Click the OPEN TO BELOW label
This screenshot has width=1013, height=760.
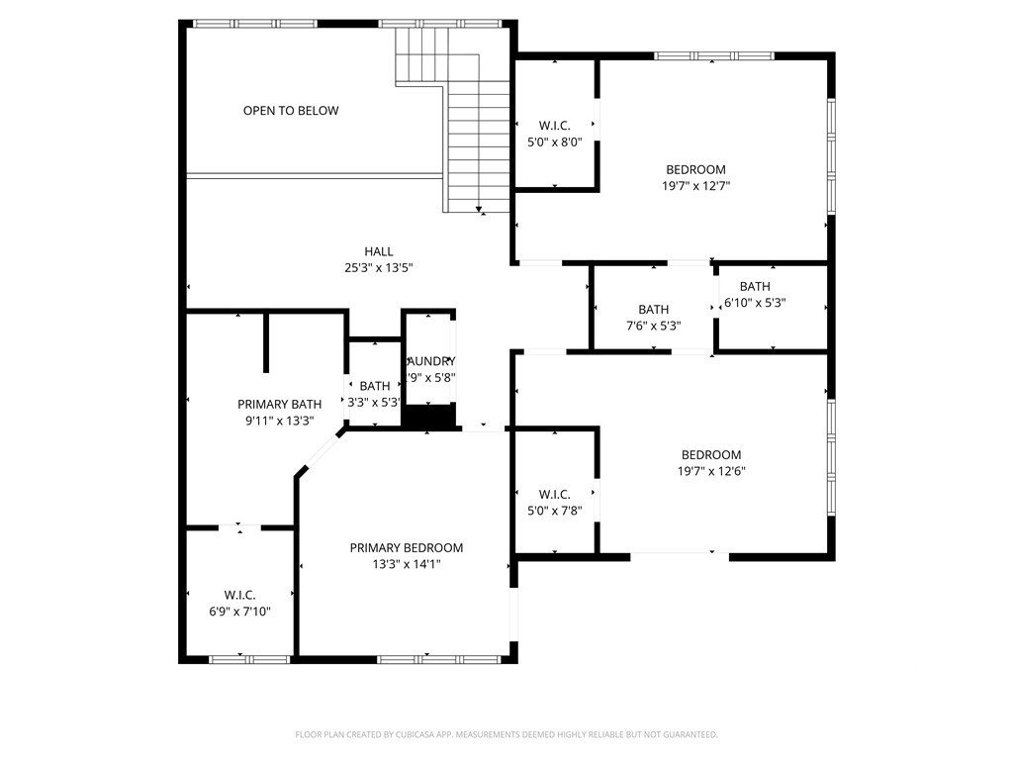(291, 111)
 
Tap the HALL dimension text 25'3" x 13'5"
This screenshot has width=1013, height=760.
(378, 267)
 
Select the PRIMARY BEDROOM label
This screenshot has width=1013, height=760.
(406, 547)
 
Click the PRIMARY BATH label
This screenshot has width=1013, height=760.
(279, 404)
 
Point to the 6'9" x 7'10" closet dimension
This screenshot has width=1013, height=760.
(239, 612)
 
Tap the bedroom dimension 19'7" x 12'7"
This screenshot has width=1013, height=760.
(695, 185)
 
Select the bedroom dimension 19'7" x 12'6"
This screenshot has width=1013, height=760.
(710, 471)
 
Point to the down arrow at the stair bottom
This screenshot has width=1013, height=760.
(480, 209)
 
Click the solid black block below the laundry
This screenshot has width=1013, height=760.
(428, 417)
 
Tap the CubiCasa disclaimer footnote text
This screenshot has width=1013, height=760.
(506, 734)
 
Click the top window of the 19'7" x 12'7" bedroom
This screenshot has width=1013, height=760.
(710, 55)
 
